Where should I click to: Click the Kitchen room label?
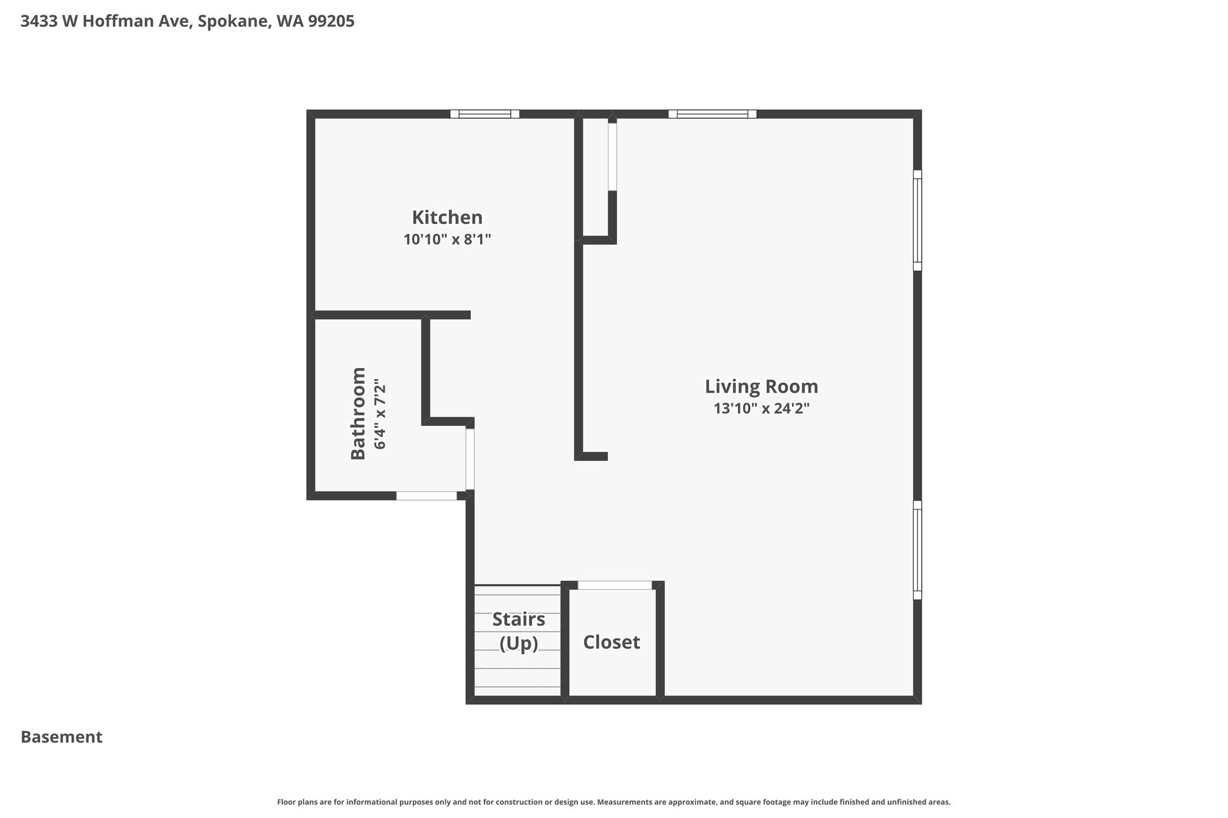point(447,217)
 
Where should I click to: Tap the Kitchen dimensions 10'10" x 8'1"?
point(447,240)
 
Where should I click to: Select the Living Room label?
point(761,387)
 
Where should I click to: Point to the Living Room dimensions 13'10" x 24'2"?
point(761,409)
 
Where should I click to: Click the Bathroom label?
point(358,413)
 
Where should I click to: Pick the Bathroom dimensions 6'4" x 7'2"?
point(380,413)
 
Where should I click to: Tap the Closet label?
point(612,642)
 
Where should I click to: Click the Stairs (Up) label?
point(519,631)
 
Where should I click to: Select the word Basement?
point(62,737)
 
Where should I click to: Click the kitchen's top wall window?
point(484,114)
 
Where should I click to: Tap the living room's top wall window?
point(712,114)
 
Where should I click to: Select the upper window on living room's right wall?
point(917,220)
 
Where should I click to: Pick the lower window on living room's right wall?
point(917,550)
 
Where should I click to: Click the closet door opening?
point(615,585)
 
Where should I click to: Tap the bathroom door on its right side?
point(470,459)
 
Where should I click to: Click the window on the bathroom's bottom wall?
point(426,496)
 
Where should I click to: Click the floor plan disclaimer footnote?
point(614,802)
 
